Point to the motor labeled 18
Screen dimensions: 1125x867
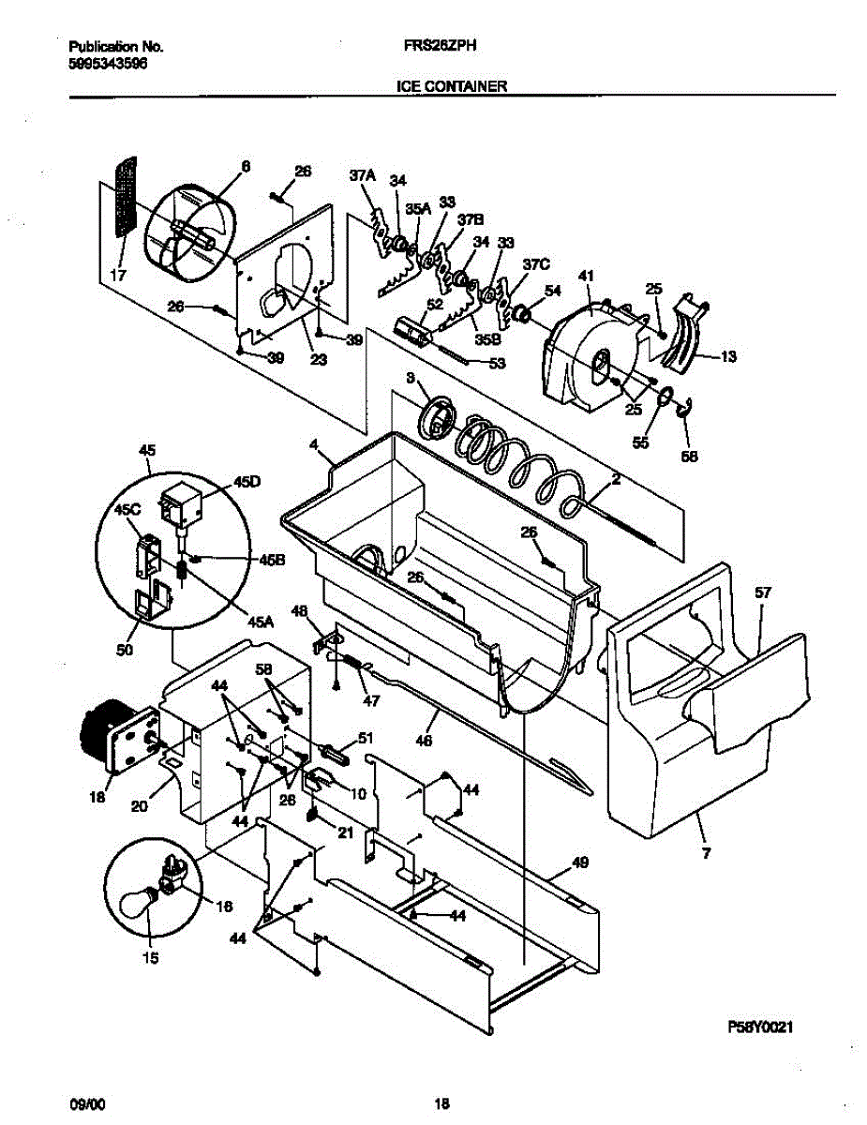click(x=103, y=741)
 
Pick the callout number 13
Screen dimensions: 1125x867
click(x=728, y=355)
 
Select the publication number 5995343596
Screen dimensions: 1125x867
click(x=108, y=63)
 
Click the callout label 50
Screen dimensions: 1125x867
click(x=124, y=649)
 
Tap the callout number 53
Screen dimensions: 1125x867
click(x=497, y=363)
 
